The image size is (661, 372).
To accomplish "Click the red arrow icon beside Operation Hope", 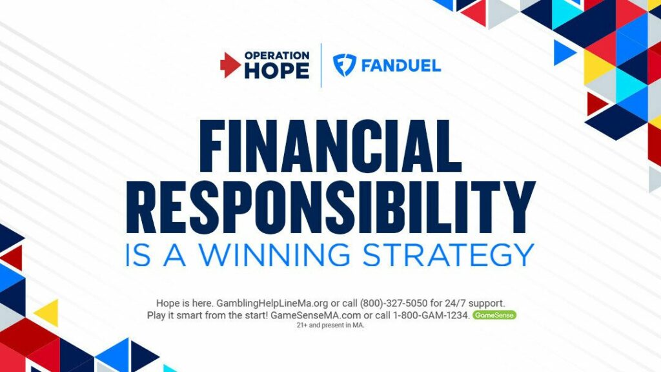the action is tap(230, 65).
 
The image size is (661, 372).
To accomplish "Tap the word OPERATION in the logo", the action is tap(277, 56).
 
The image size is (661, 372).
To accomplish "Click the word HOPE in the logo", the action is tap(277, 70).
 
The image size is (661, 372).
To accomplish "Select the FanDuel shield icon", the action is tap(345, 65).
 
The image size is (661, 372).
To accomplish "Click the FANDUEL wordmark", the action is tap(401, 66).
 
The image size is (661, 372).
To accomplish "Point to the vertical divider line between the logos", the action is tap(321, 65).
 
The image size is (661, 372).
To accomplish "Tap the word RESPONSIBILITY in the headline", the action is tap(330, 207).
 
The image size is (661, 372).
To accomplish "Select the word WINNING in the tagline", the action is tap(274, 254).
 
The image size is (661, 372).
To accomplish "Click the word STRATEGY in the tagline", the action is tap(448, 254).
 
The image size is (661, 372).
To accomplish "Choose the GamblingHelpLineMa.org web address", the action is tap(272, 304).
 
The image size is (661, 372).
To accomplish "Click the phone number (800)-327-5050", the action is tap(393, 304).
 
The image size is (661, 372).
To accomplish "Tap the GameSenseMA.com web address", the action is tap(316, 315).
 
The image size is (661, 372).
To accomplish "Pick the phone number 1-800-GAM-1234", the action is tap(431, 315).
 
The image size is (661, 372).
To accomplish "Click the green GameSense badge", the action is tap(494, 315).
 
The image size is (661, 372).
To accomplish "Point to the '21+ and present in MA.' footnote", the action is tap(330, 325).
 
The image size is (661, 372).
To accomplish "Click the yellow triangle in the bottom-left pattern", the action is tap(48, 313).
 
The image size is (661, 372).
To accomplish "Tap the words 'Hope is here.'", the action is tap(185, 304).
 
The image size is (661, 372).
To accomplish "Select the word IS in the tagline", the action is tap(138, 254).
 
